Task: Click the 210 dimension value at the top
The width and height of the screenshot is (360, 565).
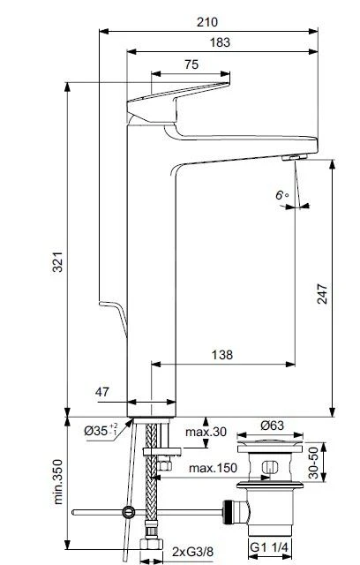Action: point(207,22)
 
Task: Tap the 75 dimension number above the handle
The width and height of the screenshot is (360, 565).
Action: point(191,65)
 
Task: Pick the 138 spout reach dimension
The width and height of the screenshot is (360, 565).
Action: point(223,354)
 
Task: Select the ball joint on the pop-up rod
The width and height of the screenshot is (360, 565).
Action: point(130,511)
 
